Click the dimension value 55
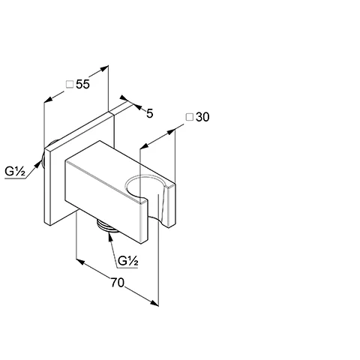pyautogui.click(x=82, y=84)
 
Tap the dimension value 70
pyautogui.click(x=117, y=283)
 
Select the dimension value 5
pyautogui.click(x=149, y=114)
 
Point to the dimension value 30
pyautogui.click(x=202, y=117)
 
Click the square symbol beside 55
pyautogui.click(x=70, y=84)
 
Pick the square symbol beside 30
pyautogui.click(x=190, y=117)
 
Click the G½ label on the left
pyautogui.click(x=15, y=172)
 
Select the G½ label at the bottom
pyautogui.click(x=128, y=261)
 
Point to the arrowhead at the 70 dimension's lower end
pyautogui.click(x=154, y=303)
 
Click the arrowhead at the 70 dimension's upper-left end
pyautogui.click(x=80, y=262)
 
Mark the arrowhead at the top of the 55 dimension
pyautogui.click(x=104, y=68)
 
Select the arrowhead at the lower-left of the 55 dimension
pyautogui.click(x=49, y=99)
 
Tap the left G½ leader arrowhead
pyautogui.click(x=38, y=163)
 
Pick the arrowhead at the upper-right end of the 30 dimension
pyautogui.click(x=171, y=131)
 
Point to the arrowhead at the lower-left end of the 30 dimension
pyautogui.click(x=145, y=146)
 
